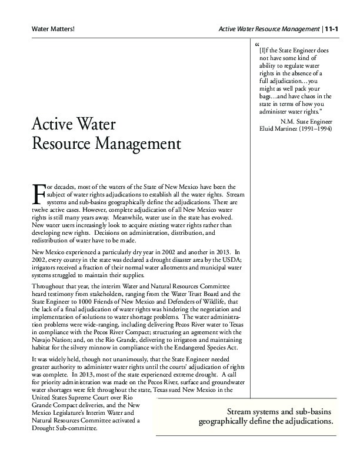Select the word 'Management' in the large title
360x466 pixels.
point(134,143)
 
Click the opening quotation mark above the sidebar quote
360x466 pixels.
point(257,45)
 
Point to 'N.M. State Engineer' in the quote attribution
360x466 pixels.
point(298,121)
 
